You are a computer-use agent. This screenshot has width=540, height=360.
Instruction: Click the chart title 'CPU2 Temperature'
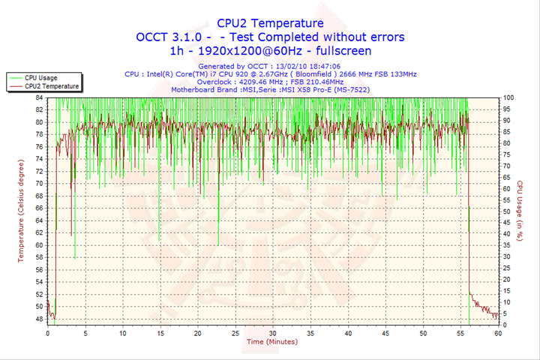[x=270, y=23]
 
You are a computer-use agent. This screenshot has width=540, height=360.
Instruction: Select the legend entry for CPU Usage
[x=40, y=77]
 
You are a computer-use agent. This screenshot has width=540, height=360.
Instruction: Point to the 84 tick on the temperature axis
[x=39, y=97]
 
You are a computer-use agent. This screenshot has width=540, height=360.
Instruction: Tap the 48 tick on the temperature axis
[x=39, y=319]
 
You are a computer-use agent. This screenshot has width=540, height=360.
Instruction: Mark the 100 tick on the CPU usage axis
[x=508, y=97]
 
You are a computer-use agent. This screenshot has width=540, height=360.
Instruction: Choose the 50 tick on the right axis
[x=507, y=211]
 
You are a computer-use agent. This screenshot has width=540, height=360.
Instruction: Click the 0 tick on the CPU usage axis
[x=505, y=325]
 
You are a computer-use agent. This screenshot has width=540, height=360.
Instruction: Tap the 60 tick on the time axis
[x=497, y=333]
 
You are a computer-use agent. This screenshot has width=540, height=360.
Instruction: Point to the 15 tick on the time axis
[x=160, y=333]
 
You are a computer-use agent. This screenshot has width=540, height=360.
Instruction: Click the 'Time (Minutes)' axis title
[x=271, y=342]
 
